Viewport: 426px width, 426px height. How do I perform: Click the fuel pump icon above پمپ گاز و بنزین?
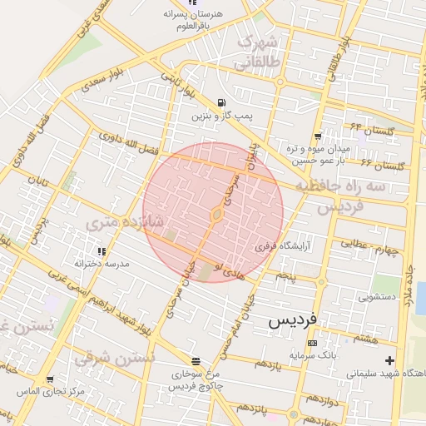pyautogui.click(x=220, y=103)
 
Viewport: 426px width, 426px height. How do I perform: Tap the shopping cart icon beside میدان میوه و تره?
pyautogui.click(x=318, y=136)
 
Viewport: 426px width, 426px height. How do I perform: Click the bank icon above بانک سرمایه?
pyautogui.click(x=312, y=343)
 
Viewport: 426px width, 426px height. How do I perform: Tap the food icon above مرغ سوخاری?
pyautogui.click(x=196, y=362)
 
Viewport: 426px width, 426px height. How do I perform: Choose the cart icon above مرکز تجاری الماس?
pyautogui.click(x=51, y=379)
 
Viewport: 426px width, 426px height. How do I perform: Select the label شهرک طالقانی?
pyautogui.click(x=260, y=52)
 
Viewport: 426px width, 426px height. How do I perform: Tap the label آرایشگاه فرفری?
pyautogui.click(x=275, y=247)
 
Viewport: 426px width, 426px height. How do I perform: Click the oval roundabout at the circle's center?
pyautogui.click(x=215, y=215)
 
